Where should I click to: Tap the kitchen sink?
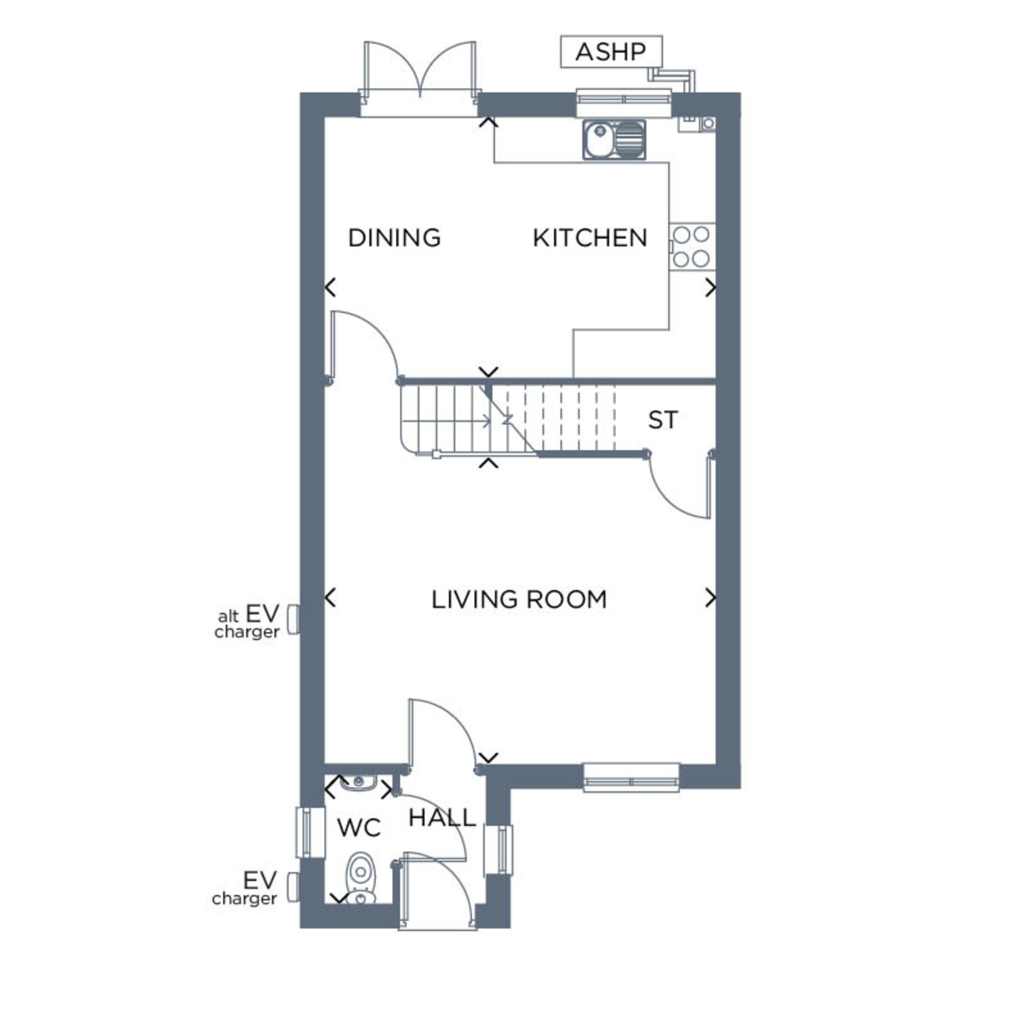point(615,140)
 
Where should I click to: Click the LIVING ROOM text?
point(519,600)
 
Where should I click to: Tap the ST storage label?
point(663,420)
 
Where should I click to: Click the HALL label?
point(442,818)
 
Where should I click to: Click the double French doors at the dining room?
point(419,74)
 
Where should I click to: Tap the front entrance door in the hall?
point(437,892)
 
